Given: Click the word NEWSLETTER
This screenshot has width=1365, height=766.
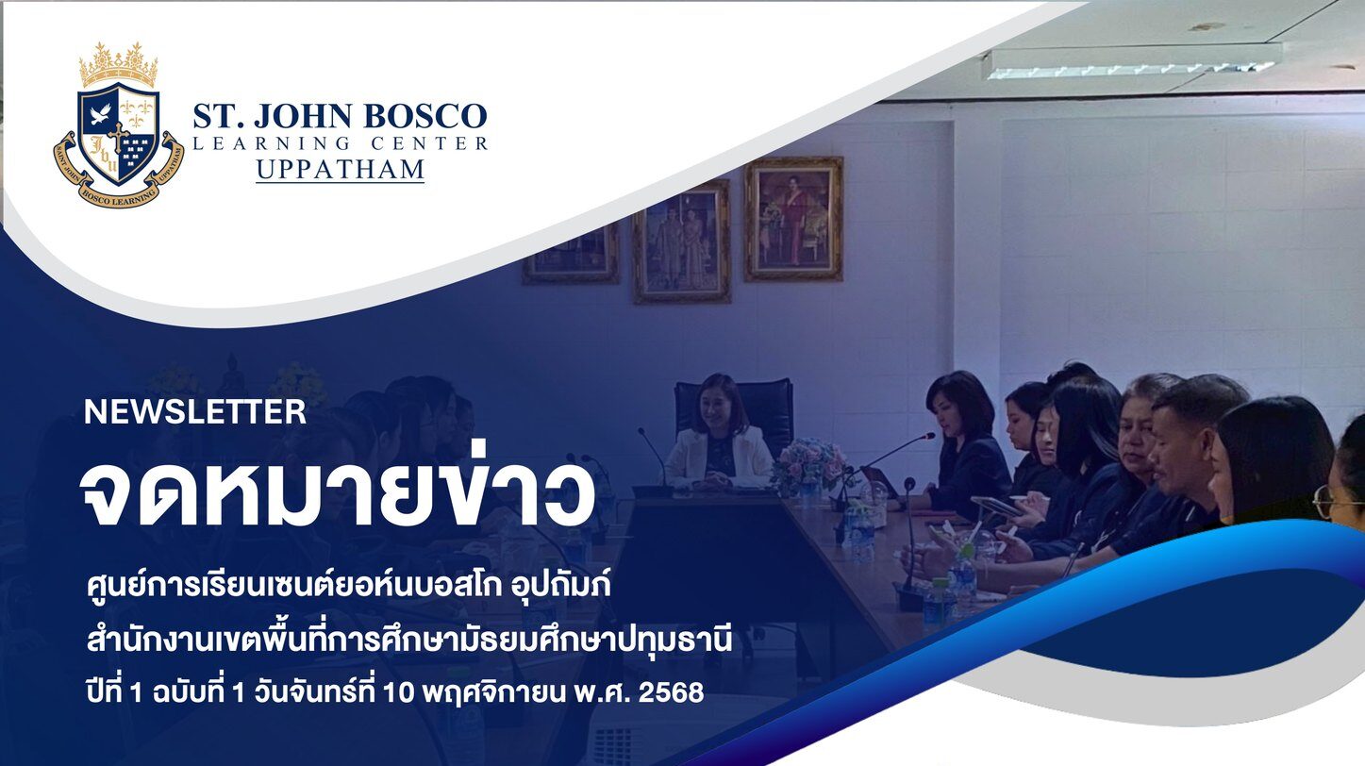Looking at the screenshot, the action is click(195, 412).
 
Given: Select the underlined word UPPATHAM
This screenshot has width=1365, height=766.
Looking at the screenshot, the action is click(340, 170).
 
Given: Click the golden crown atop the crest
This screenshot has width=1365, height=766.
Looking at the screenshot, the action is click(119, 64).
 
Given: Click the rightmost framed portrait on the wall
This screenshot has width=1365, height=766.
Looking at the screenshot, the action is click(793, 219).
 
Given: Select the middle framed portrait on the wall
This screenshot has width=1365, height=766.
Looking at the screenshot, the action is click(682, 241).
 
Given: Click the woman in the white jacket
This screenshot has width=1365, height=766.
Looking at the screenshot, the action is click(720, 436).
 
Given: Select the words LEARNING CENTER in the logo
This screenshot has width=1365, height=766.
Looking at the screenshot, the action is click(340, 143).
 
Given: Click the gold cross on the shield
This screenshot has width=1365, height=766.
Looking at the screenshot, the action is click(117, 135).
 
